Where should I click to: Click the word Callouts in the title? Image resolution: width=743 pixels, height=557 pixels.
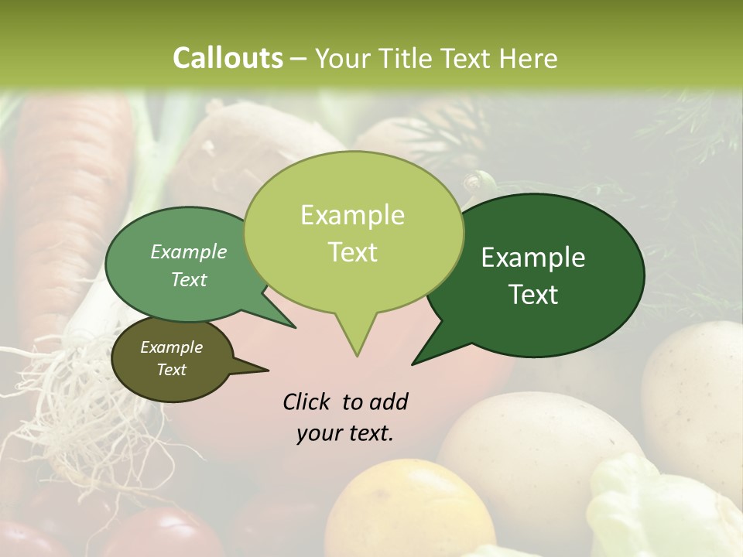point(228,58)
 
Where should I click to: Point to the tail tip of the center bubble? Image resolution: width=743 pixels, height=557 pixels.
point(357,355)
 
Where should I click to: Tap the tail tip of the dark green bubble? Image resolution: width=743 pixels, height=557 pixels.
point(413,363)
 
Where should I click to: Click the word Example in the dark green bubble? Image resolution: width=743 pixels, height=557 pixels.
point(533,258)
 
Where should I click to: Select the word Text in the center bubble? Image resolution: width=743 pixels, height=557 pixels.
point(353,252)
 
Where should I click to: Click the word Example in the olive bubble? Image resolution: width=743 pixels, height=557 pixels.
point(171,347)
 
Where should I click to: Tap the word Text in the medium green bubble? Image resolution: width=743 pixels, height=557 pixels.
point(189,279)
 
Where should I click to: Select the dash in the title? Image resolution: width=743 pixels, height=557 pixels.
point(300,59)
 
